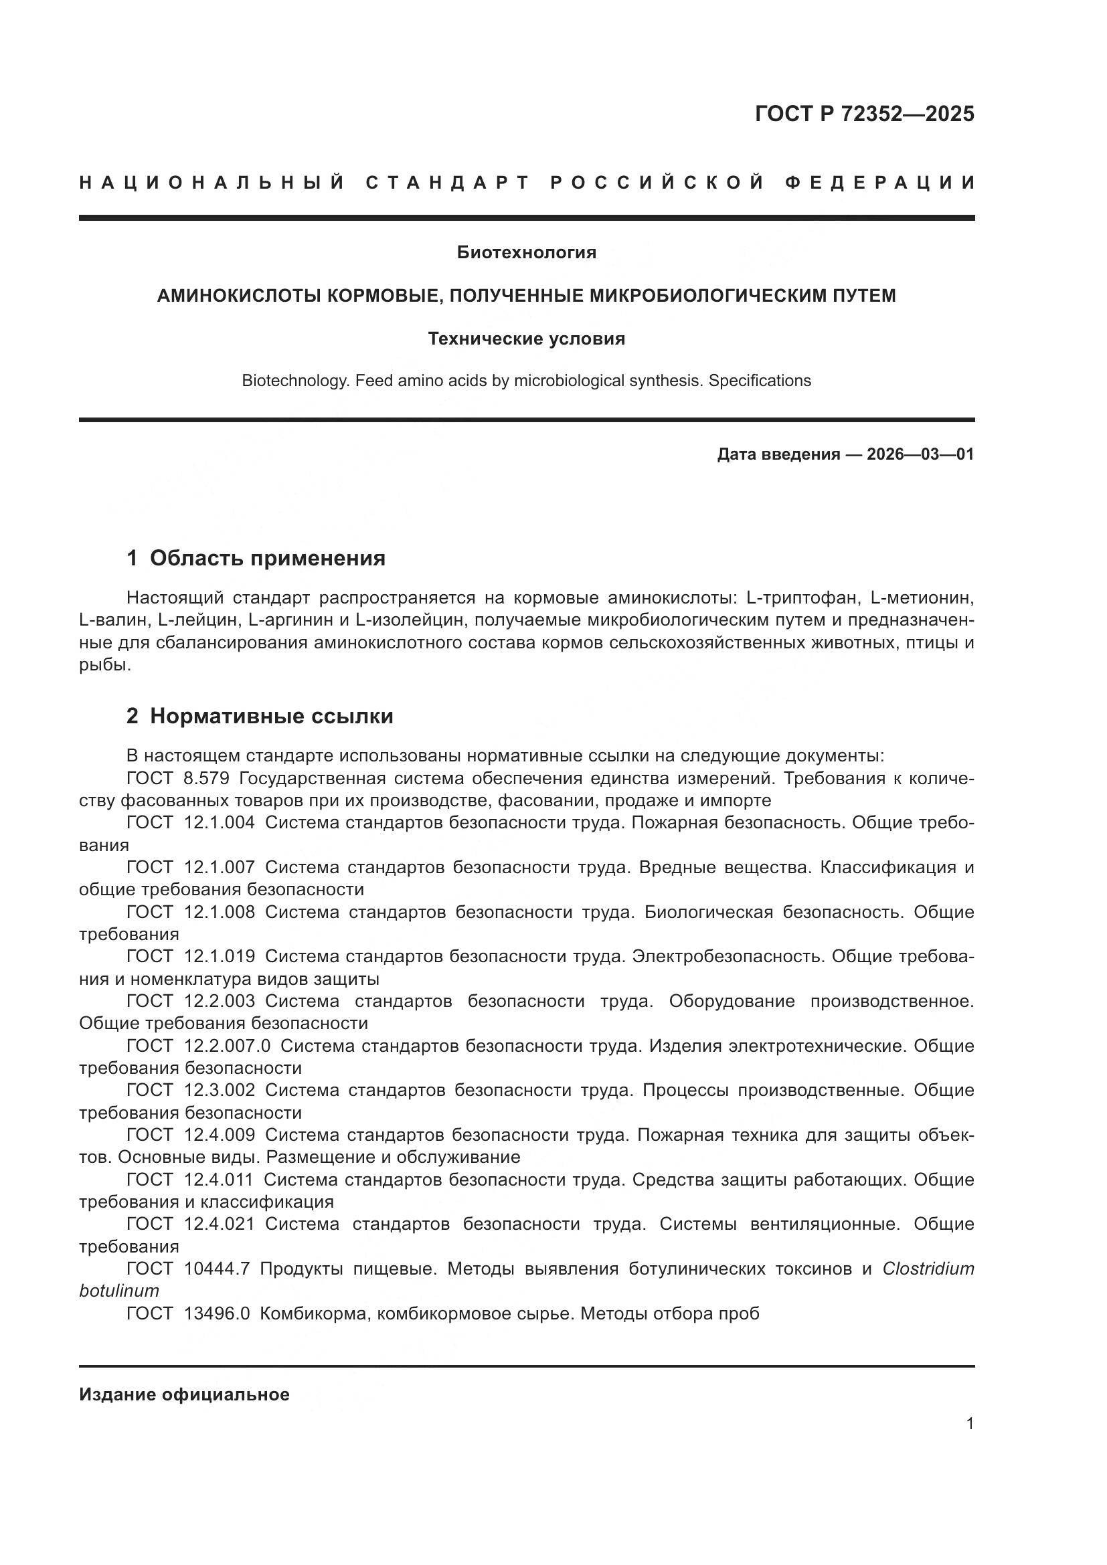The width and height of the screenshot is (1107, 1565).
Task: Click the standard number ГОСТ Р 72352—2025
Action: pyautogui.click(x=863, y=114)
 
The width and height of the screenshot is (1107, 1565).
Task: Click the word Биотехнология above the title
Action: pyautogui.click(x=526, y=253)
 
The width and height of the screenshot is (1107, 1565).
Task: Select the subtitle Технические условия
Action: pyautogui.click(x=526, y=339)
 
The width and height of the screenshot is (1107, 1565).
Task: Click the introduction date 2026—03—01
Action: pyautogui.click(x=920, y=454)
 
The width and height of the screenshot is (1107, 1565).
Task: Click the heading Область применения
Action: pyautogui.click(x=267, y=558)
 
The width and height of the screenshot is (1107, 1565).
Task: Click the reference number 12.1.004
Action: pyautogui.click(x=220, y=823)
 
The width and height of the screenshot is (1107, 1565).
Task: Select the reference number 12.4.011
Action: pyautogui.click(x=219, y=1179)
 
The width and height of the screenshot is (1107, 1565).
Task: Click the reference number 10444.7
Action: pyautogui.click(x=217, y=1269)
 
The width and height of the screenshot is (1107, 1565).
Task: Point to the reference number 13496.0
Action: pyautogui.click(x=217, y=1313)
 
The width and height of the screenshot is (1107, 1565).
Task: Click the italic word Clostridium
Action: pyautogui.click(x=928, y=1269)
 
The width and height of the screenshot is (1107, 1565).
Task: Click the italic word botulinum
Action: pyautogui.click(x=119, y=1291)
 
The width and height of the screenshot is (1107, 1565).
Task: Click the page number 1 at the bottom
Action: pyautogui.click(x=969, y=1424)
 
